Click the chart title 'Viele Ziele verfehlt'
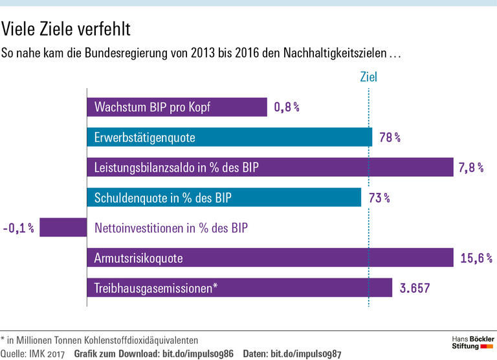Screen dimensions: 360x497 pos(66,29)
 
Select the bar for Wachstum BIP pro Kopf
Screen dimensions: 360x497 pos(177,107)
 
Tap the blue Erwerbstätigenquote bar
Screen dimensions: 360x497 pos(229,137)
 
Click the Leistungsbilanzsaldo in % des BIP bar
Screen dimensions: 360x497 pos(270,168)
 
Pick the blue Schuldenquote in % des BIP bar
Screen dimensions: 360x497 pos(223,197)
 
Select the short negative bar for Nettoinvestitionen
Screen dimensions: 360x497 pos(63,227)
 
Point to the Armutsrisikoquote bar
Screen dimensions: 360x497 pos(270,258)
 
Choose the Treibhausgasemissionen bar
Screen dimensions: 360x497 pos(239,287)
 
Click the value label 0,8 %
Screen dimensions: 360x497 pos(287,107)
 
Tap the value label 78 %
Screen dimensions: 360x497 pos(390,137)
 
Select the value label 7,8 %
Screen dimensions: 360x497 pos(471,168)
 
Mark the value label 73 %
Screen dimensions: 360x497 pos(379,197)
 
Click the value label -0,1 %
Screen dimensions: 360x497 pos(18,227)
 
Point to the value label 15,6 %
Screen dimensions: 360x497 pos(476,258)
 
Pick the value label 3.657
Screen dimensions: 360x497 pos(415,287)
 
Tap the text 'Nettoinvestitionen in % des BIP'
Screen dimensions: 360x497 pos(171,227)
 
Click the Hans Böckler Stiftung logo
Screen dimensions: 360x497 pos(472,343)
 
